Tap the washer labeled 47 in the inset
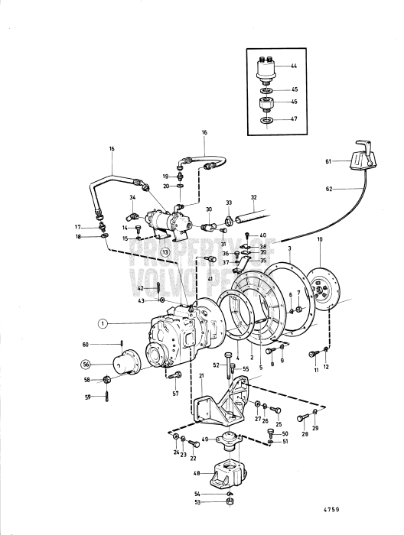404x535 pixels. coord(267,121)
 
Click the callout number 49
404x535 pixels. coord(205,439)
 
